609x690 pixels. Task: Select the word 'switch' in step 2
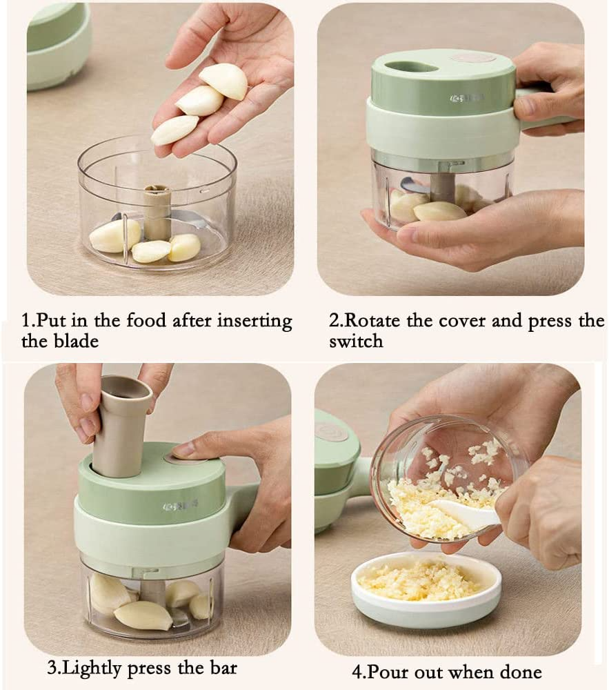356,341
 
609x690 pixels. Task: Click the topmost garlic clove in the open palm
225,81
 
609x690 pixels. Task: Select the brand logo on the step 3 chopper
175,506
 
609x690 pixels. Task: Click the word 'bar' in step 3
222,667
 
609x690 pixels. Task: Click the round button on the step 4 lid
332,431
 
